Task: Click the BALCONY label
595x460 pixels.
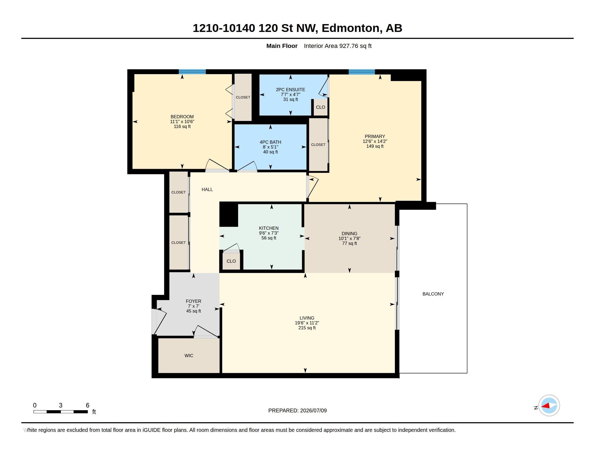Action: coord(433,294)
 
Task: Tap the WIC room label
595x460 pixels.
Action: coord(189,356)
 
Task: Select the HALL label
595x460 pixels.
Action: coord(207,189)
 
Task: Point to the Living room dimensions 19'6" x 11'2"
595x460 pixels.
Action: coord(307,323)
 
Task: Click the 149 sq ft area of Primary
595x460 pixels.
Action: coord(375,146)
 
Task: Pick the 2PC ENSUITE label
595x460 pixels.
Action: coord(290,90)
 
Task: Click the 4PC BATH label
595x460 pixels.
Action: coord(270,142)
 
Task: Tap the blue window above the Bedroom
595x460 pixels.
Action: coord(192,72)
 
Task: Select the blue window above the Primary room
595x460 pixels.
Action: coord(362,72)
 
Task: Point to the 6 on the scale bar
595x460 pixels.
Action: coord(87,405)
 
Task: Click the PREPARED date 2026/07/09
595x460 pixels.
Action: coord(313,410)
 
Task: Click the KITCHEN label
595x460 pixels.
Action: coord(269,228)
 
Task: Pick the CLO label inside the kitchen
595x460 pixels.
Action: coord(231,261)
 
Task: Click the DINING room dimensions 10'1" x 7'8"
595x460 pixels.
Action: coord(349,238)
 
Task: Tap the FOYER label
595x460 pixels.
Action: coord(193,301)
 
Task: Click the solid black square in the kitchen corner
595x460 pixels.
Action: coord(229,215)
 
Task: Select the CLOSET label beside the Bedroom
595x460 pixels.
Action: coord(243,97)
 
